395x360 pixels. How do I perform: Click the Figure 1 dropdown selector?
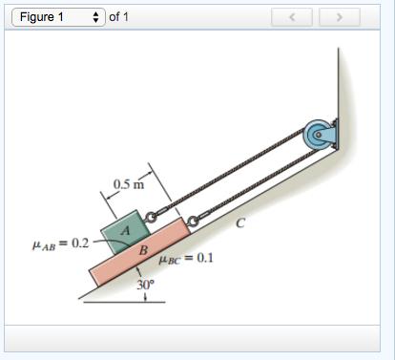coord(58,17)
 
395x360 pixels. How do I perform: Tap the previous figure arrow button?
coord(292,17)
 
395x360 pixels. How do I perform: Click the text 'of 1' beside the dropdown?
coord(118,17)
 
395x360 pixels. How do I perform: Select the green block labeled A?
coord(125,231)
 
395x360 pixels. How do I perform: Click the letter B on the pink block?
coord(143,250)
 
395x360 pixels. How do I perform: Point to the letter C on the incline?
coord(240,223)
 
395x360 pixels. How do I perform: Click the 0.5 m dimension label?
coord(129,184)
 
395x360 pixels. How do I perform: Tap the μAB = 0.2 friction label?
coord(60,244)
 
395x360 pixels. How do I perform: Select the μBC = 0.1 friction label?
coord(186,259)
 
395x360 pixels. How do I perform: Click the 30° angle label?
coord(145,285)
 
